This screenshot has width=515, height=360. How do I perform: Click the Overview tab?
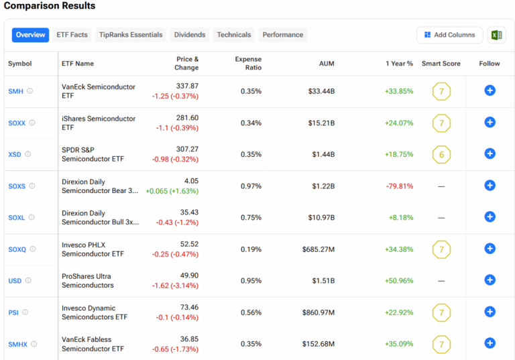coord(30,35)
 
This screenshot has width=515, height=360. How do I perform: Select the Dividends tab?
coord(190,35)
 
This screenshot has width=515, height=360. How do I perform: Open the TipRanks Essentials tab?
coord(131,35)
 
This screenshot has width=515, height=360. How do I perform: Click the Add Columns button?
coord(449,35)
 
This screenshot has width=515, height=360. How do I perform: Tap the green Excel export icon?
coord(496,35)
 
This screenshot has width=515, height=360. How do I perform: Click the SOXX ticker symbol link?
coord(17,123)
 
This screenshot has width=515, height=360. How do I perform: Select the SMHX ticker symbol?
coord(17,344)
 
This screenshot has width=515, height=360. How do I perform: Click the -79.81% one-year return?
coord(400,186)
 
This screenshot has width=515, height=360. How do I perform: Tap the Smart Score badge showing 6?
coord(441,154)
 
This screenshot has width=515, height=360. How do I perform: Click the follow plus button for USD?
coord(490,280)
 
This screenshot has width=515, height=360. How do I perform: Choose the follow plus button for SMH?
coord(490,91)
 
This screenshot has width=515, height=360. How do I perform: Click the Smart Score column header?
coord(441,64)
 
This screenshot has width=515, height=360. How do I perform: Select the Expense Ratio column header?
coord(248,64)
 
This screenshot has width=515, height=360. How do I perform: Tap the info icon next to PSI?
coord(25,312)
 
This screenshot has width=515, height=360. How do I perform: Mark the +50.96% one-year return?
coord(400,281)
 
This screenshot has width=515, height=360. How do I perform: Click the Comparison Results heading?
coord(50,6)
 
